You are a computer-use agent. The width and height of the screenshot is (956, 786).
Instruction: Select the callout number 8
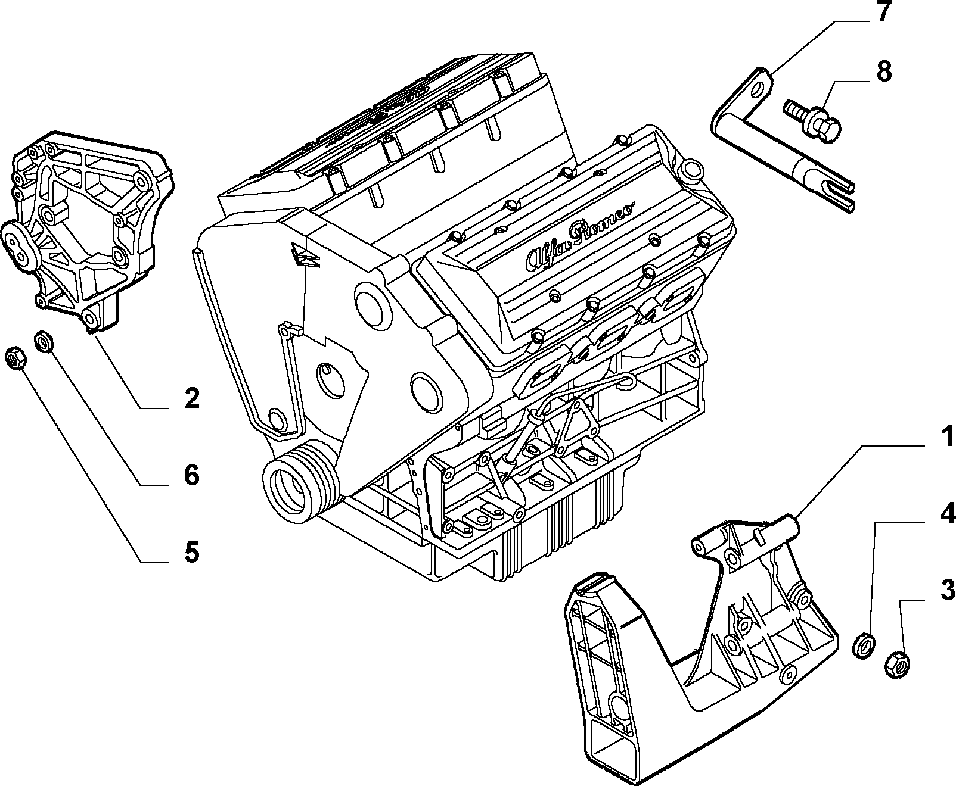884,71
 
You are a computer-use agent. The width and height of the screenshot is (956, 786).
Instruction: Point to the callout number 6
192,475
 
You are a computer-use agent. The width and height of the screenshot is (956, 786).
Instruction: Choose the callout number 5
192,552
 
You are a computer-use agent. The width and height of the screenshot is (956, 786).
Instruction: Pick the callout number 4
946,513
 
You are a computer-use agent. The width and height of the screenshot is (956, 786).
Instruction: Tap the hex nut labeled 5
15,359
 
